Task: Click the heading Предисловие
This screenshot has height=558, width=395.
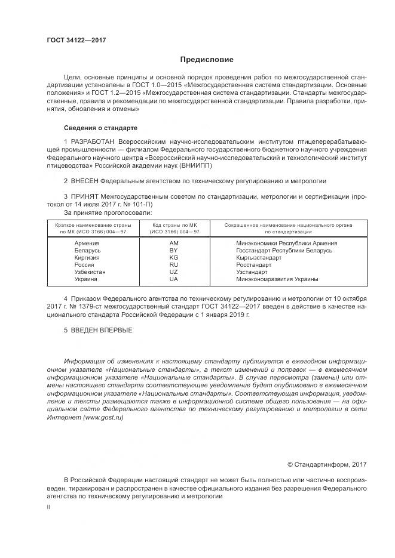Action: (x=207, y=60)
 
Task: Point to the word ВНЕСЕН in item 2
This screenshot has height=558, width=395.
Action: (x=84, y=180)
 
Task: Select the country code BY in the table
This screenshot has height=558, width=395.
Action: (x=174, y=251)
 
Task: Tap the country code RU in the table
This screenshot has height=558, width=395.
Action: (x=174, y=265)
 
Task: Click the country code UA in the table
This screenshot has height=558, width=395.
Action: (x=174, y=279)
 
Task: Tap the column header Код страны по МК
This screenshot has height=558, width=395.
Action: (x=174, y=225)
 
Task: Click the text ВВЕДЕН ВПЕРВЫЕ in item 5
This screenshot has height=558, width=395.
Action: (x=102, y=330)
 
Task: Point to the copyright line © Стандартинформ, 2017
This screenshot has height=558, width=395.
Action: (x=327, y=464)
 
